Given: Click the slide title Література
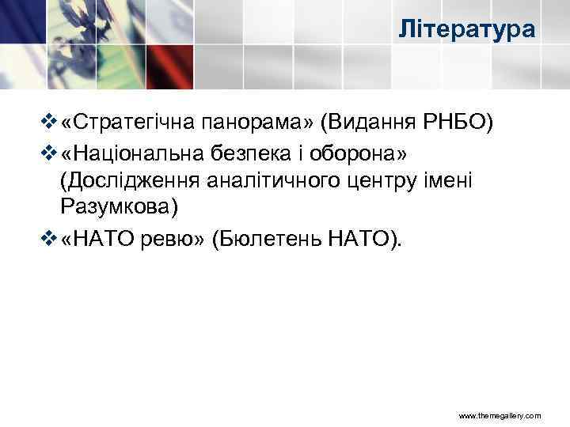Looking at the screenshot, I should tap(467, 31).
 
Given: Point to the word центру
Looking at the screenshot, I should tap(378, 181).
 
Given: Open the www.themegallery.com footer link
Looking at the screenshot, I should tap(500, 415).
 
